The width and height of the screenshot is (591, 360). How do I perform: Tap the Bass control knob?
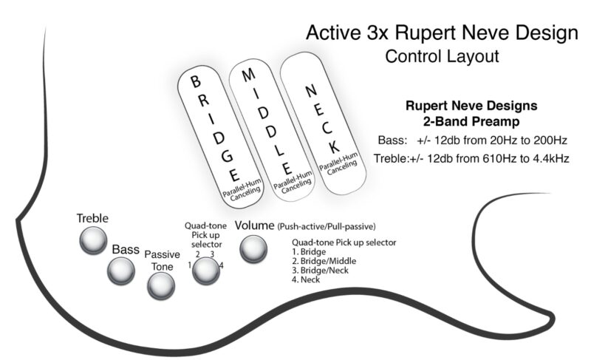tap(120, 271)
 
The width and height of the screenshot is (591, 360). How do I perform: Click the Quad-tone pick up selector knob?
tap(206, 272)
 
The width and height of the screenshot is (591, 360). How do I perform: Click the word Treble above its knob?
tap(92, 218)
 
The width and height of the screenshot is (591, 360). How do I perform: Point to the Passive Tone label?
tap(162, 260)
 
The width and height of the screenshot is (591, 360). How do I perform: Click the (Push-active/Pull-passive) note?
tap(327, 226)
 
